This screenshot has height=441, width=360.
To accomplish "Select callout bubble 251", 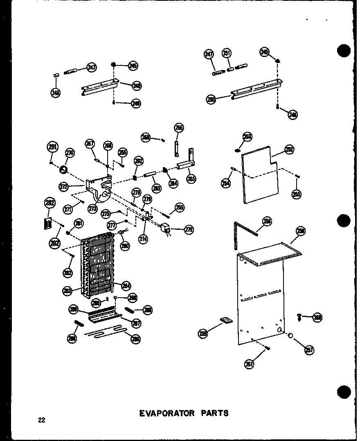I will (x=227, y=53).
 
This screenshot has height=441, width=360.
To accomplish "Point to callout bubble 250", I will (x=211, y=99).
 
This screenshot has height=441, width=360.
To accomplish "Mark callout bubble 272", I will (x=63, y=187).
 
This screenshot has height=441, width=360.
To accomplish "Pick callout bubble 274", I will (x=143, y=240).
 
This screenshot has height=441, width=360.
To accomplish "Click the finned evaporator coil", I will (x=98, y=264).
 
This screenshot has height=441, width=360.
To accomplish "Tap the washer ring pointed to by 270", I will (x=63, y=168).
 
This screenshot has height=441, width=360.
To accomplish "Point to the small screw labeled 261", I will (x=268, y=348).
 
